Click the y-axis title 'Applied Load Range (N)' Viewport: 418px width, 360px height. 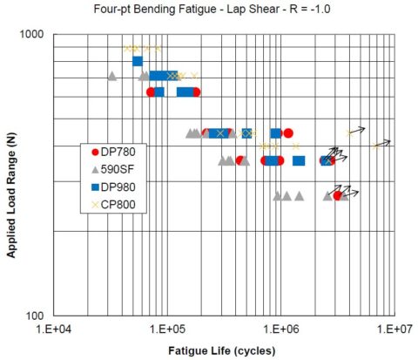click(x=11, y=174)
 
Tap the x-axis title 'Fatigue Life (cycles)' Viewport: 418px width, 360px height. click(x=222, y=350)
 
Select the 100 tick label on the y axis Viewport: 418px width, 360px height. click(x=38, y=316)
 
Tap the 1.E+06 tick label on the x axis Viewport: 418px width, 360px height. click(x=281, y=330)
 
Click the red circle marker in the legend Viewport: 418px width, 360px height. click(x=93, y=151)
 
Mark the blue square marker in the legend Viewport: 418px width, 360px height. click(x=93, y=187)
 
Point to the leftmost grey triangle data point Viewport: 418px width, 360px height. click(x=111, y=76)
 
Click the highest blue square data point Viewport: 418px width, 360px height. click(x=138, y=60)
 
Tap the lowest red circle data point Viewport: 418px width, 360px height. click(x=337, y=195)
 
